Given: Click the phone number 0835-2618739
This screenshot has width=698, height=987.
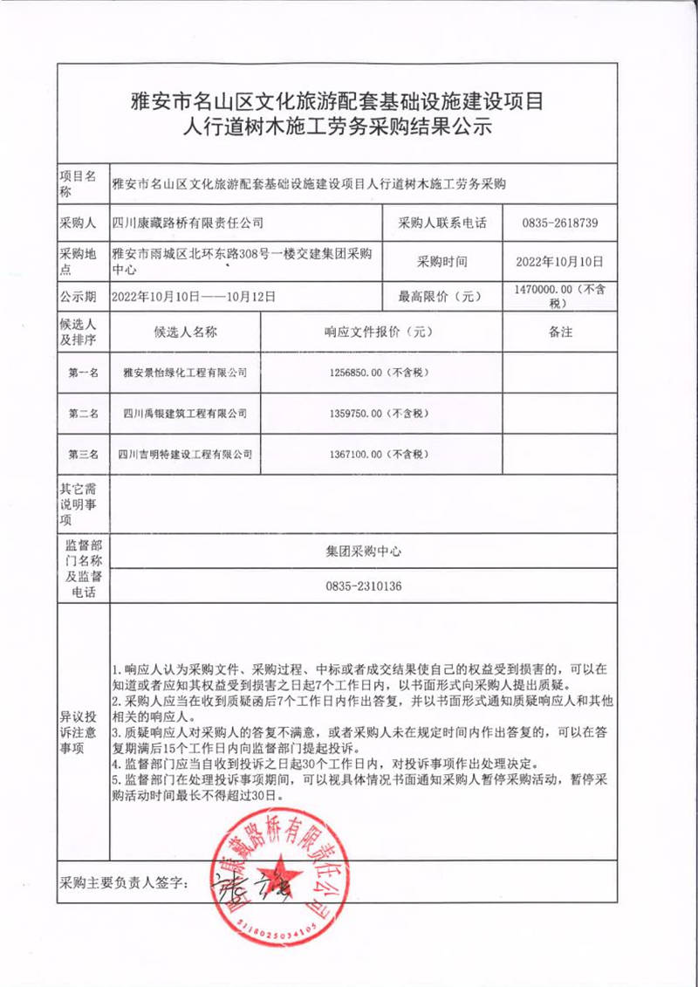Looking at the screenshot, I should coord(560,223).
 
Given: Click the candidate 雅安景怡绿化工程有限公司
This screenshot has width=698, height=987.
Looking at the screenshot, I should coord(186,372).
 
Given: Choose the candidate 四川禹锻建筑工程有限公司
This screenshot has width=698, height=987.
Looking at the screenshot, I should coord(186,413).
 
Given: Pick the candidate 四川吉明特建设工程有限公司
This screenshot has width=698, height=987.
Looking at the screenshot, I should coord(186,454).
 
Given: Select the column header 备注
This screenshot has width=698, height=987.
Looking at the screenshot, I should coord(560,332).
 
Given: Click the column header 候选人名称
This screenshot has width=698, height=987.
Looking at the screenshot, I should coord(186,332).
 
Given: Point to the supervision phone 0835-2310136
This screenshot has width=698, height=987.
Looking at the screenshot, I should coord(364,586).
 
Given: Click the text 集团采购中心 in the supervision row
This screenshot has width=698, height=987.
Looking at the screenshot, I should coord(364,552).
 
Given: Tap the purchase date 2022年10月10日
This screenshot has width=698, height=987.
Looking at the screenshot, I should coord(560,261).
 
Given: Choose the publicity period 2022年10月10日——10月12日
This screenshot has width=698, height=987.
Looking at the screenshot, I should coord(194,297).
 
